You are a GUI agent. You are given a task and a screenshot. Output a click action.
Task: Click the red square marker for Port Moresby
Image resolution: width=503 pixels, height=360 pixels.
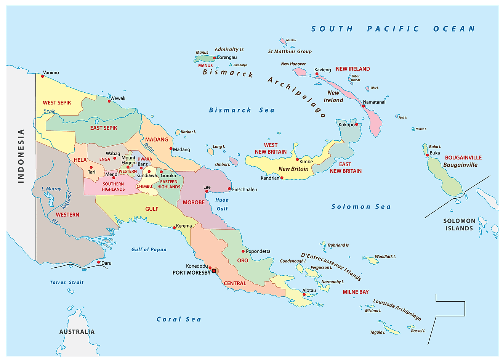pos(214,271)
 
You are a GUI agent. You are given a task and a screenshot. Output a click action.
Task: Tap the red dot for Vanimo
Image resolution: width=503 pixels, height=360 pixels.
pos(43,76)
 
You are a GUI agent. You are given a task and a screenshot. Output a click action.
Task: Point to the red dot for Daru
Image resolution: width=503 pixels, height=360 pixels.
pos(98,262)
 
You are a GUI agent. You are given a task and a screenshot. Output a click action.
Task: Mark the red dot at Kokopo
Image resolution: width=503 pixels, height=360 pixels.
pos(357,124)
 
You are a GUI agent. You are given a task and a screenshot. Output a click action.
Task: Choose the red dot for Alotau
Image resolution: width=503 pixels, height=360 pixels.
pos(304,294)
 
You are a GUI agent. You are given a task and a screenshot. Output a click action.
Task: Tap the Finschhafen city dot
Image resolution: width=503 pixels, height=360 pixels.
pos(229,189)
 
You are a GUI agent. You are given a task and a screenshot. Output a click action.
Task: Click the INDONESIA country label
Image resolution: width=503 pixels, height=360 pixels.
pos(21,156)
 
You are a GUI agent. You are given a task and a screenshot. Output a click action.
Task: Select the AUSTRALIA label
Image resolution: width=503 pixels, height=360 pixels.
pos(77,332)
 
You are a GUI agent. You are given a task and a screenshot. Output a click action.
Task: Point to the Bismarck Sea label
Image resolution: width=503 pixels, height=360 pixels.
pos(242,110)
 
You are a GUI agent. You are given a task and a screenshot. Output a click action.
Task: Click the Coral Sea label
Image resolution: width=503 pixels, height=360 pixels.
pos(179,319)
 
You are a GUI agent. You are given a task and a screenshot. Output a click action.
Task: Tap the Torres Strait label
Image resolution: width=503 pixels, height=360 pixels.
pos(67,283)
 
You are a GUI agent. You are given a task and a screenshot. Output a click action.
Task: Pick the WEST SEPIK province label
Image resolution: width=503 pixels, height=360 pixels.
pos(57,103)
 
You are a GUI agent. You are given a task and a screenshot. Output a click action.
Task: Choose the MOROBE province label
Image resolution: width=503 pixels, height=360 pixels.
pos(194,202)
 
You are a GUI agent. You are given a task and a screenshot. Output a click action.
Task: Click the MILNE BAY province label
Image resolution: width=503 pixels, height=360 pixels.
pos(356,292)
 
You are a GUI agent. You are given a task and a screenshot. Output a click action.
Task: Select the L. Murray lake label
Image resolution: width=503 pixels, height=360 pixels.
pos(51,189)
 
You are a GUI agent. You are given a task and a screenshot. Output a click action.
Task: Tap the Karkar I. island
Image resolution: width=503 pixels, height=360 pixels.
pos(178,132)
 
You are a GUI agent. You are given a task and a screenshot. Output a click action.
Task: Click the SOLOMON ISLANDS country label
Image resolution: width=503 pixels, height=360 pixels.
pos(459,225)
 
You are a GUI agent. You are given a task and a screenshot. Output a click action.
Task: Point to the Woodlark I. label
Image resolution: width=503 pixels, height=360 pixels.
pos(385,257)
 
